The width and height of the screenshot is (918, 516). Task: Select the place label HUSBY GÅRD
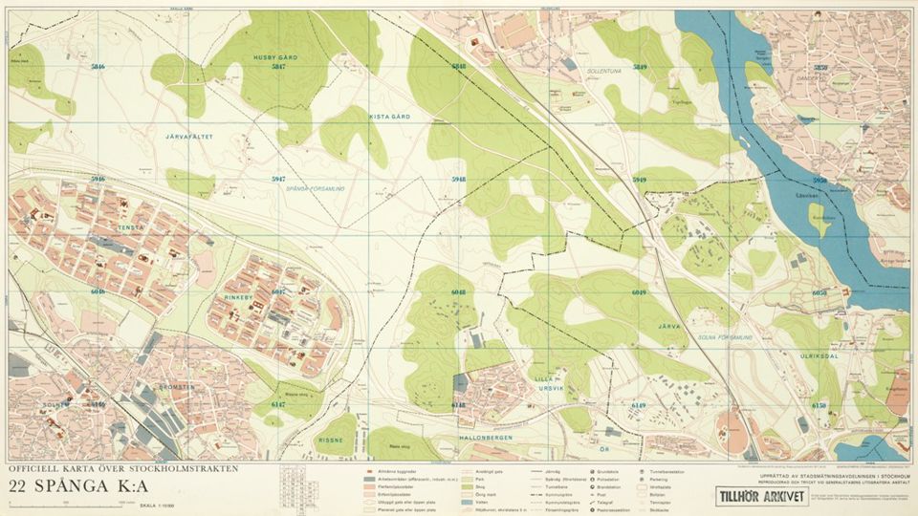coord(275,58)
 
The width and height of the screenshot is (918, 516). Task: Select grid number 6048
coord(459,291)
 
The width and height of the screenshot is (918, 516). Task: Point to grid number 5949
coord(640,180)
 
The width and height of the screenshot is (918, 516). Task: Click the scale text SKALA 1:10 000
coord(158,505)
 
